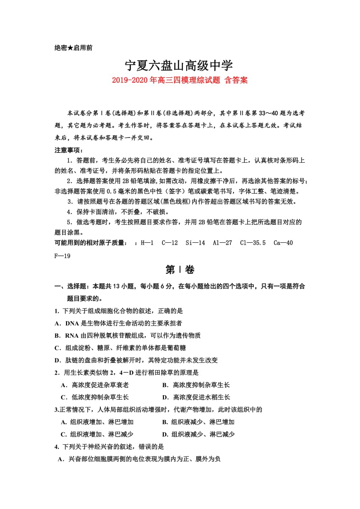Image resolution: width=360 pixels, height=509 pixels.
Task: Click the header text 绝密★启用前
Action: tap(73, 48)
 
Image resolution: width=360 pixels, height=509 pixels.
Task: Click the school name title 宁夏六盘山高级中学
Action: tap(179, 66)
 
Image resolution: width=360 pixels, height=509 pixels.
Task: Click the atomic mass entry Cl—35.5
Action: tap(252, 243)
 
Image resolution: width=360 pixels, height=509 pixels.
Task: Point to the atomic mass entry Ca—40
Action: tap(283, 243)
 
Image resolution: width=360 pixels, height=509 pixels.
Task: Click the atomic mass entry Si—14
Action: tap(195, 243)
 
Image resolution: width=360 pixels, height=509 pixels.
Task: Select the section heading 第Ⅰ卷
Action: tap(180, 270)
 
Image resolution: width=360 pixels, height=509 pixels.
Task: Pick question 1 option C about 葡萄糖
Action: tap(120, 348)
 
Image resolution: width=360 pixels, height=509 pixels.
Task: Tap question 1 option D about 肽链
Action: tap(136, 360)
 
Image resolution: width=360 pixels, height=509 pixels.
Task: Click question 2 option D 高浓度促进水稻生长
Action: tap(196, 397)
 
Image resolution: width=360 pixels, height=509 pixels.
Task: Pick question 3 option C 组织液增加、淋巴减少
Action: tap(97, 434)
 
